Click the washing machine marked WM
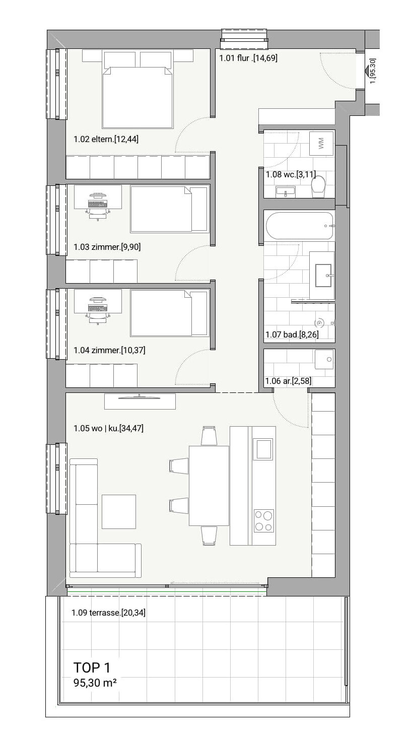click(321, 144)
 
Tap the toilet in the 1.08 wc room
click(318, 186)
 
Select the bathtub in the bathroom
click(300, 226)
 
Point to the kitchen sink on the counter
click(263, 449)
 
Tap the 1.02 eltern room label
click(106, 139)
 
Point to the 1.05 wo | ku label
click(108, 428)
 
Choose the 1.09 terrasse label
click(108, 613)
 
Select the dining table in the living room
click(209, 486)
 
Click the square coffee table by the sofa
click(119, 512)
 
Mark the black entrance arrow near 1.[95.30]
click(367, 70)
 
